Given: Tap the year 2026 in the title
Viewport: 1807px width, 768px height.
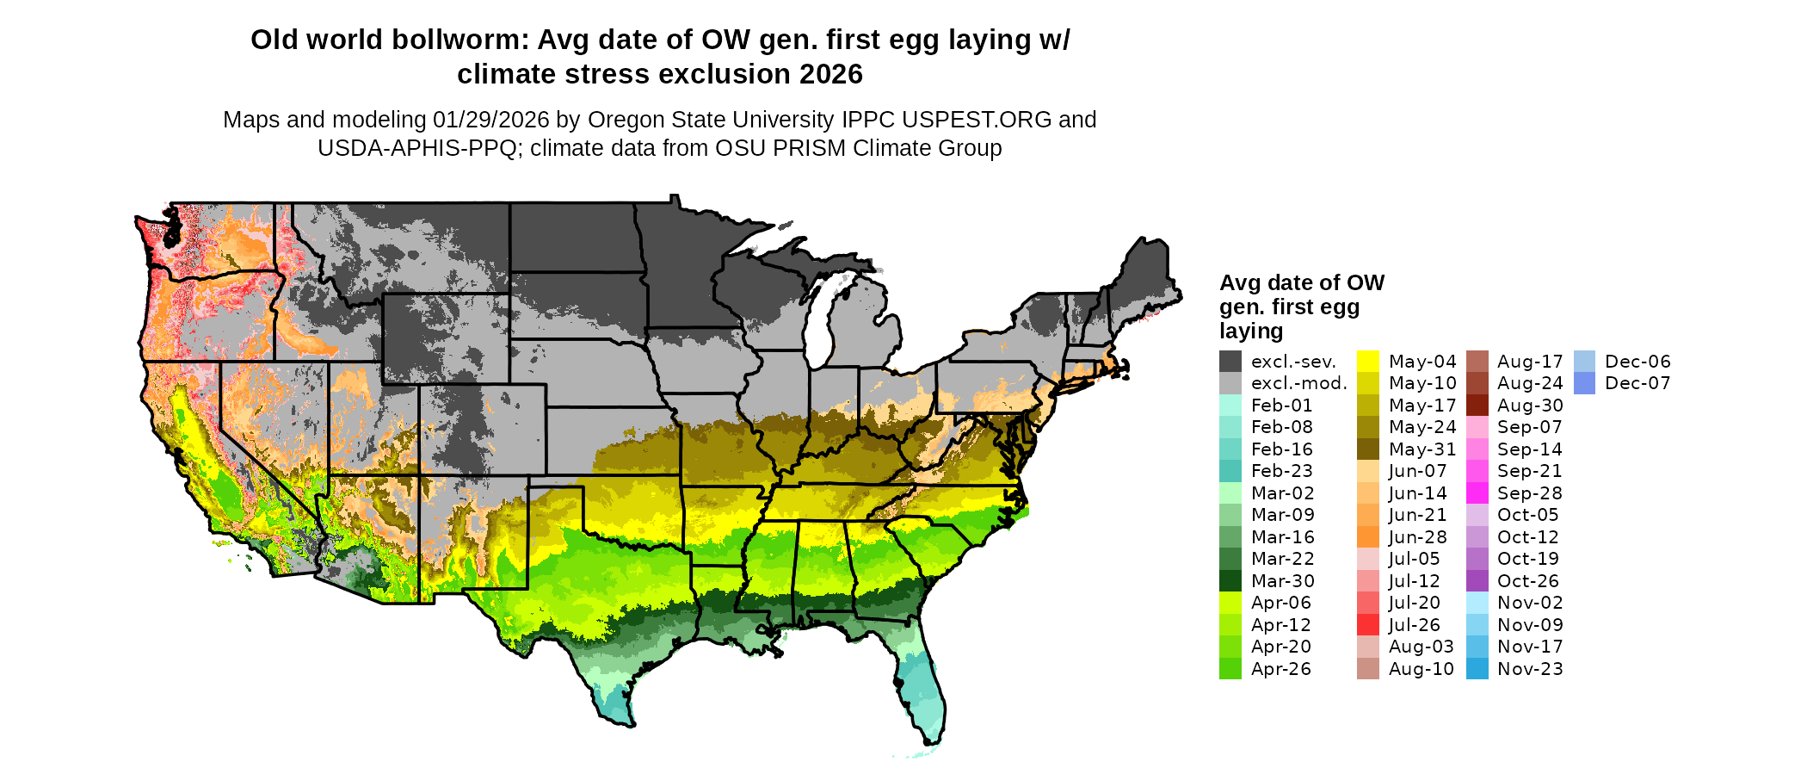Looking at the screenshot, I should coord(830,75).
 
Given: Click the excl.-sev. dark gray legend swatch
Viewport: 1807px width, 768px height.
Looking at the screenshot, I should coord(1230,362).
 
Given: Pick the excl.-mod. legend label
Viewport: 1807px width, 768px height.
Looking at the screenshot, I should coord(1299,383).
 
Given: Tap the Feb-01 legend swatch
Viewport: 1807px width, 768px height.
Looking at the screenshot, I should coord(1230,406).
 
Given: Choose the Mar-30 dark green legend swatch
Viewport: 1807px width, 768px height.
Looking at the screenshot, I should coord(1230,581).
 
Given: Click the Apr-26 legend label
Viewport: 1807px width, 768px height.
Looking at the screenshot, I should coord(1281,669).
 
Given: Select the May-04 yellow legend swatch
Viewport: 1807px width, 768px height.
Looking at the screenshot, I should coord(1368,362).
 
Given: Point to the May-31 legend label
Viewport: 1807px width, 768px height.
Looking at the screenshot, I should coord(1422,449).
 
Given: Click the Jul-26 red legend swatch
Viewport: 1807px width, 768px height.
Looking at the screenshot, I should coord(1368,625).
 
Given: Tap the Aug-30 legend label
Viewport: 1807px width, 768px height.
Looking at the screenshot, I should coord(1530,406).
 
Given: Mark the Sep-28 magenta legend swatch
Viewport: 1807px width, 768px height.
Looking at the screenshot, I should coord(1477,493).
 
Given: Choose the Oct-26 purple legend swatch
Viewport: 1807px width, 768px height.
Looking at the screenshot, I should coord(1477,581).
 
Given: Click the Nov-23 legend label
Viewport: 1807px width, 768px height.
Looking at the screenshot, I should coord(1530,669).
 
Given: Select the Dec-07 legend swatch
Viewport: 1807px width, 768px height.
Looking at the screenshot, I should coord(1584,383).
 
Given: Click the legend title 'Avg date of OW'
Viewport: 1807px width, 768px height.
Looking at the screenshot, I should coord(1302,283).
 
